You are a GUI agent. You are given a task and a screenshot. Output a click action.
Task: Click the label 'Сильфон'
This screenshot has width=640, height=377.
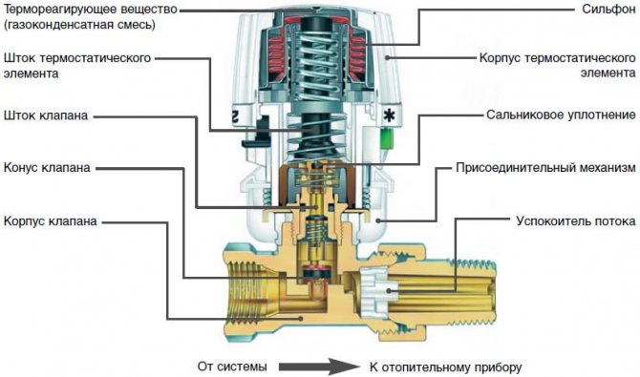601,11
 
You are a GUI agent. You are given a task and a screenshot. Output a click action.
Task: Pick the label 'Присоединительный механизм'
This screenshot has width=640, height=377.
543,169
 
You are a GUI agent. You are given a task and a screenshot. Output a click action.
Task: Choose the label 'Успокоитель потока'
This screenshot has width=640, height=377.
575,220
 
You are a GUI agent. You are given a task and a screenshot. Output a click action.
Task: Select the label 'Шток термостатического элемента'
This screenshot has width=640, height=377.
76,66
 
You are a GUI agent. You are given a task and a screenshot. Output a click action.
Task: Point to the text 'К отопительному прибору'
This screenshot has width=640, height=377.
445,366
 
